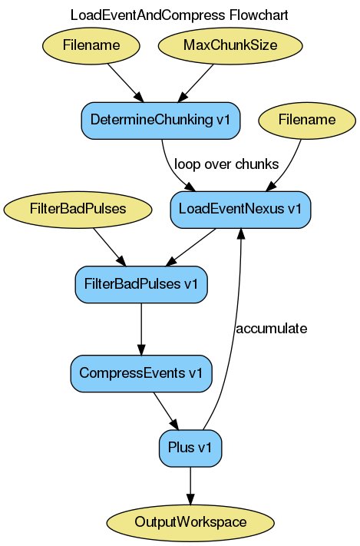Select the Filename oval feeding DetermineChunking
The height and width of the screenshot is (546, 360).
(x=91, y=45)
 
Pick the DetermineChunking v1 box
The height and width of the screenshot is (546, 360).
(x=160, y=120)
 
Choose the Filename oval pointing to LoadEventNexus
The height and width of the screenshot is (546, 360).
(x=307, y=120)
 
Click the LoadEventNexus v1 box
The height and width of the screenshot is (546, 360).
(x=240, y=209)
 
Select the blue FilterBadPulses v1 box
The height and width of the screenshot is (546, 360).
(x=141, y=283)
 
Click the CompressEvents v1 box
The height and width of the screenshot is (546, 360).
(x=141, y=373)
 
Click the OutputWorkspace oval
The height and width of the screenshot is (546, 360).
(x=190, y=522)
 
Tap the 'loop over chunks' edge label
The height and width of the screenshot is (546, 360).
(x=226, y=164)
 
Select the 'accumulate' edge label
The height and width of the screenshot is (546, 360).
(x=271, y=329)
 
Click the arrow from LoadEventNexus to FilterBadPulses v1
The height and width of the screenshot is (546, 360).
(x=191, y=247)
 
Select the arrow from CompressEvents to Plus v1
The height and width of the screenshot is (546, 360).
(x=166, y=411)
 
